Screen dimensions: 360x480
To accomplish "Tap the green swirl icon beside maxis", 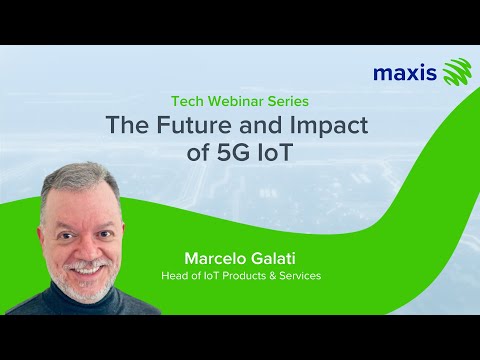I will (x=456, y=72).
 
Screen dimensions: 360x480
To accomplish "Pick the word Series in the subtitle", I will (x=289, y=101).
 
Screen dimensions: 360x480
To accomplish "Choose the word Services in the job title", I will (x=297, y=275).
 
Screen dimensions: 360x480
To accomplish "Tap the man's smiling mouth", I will (x=86, y=266).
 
